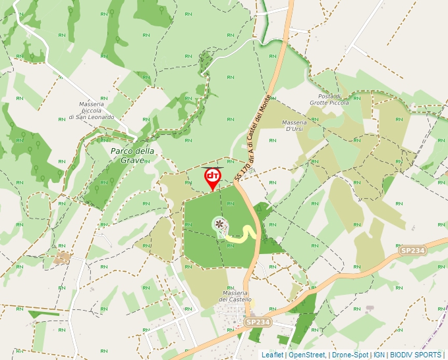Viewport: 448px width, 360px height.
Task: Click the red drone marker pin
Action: coord(212,178)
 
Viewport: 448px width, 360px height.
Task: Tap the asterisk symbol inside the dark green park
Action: coord(219,226)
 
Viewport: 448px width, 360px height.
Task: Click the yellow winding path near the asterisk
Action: coord(247,234)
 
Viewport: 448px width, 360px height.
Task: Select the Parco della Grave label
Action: coord(132,155)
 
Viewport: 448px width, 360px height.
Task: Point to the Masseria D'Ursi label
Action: coord(294,126)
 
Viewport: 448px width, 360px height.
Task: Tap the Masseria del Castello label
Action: coord(235,295)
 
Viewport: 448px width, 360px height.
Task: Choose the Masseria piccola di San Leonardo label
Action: coord(92,111)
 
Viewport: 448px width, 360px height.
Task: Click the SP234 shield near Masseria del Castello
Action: coord(258,322)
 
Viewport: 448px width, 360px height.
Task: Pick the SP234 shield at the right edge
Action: coord(413,251)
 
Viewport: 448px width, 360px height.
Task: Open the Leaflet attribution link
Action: coord(272,355)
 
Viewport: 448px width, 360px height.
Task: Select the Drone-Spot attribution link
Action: coord(350,355)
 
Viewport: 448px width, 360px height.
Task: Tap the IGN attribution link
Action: coord(379,355)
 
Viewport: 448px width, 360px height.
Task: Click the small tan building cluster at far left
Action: coord(63,256)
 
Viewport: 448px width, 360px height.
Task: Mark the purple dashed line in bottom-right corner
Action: coord(437,334)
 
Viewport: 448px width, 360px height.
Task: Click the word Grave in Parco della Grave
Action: coord(142,160)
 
